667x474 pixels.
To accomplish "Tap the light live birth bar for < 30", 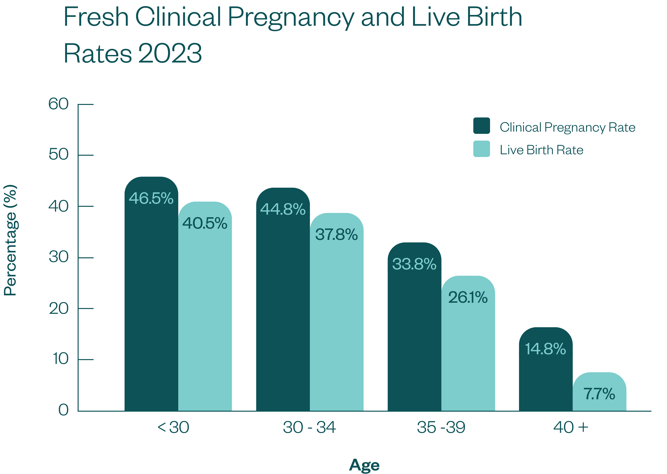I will coord(205,321).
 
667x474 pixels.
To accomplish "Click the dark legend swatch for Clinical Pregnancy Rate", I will coord(481,126).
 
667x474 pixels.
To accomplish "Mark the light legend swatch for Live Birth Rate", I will coord(481,149).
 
